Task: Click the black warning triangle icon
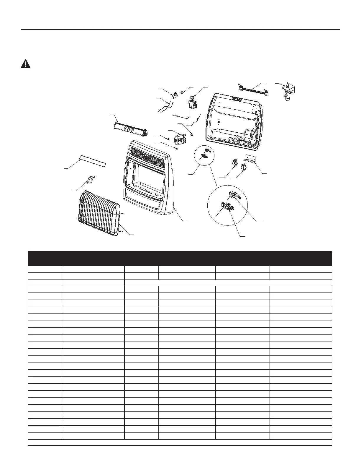point(26,64)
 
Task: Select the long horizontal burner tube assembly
point(130,130)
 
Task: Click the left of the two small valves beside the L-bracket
point(235,162)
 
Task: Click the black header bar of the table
point(180,258)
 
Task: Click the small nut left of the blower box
point(167,138)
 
